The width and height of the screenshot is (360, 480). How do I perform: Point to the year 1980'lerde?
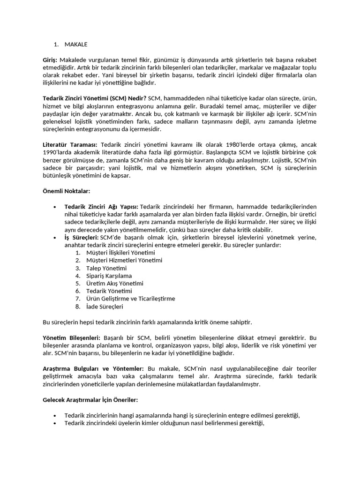click(x=227, y=145)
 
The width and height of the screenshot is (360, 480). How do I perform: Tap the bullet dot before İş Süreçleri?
click(x=55, y=238)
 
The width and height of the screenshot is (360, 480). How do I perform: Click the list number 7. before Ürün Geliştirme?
click(x=78, y=299)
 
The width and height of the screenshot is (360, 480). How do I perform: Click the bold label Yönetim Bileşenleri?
click(x=71, y=337)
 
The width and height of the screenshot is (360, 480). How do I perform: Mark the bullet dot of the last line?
click(x=55, y=423)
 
